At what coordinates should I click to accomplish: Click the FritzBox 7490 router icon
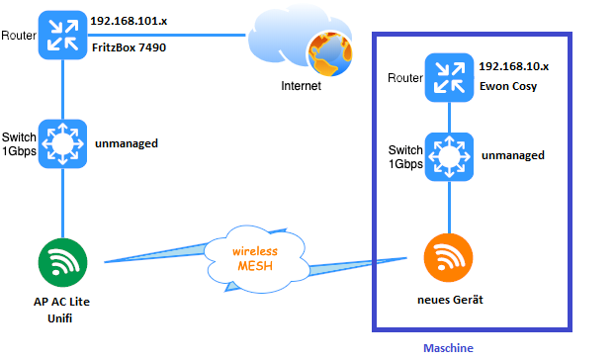pyautogui.click(x=63, y=36)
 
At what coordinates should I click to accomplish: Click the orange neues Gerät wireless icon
pyautogui.click(x=450, y=257)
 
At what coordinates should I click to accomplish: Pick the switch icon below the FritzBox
pyautogui.click(x=63, y=144)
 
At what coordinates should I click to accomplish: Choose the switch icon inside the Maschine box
pyautogui.click(x=450, y=156)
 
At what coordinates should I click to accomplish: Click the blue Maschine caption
pyautogui.click(x=448, y=348)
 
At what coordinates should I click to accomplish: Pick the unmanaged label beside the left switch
pyautogui.click(x=127, y=143)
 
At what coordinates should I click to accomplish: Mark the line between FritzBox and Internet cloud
pyautogui.click(x=168, y=36)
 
